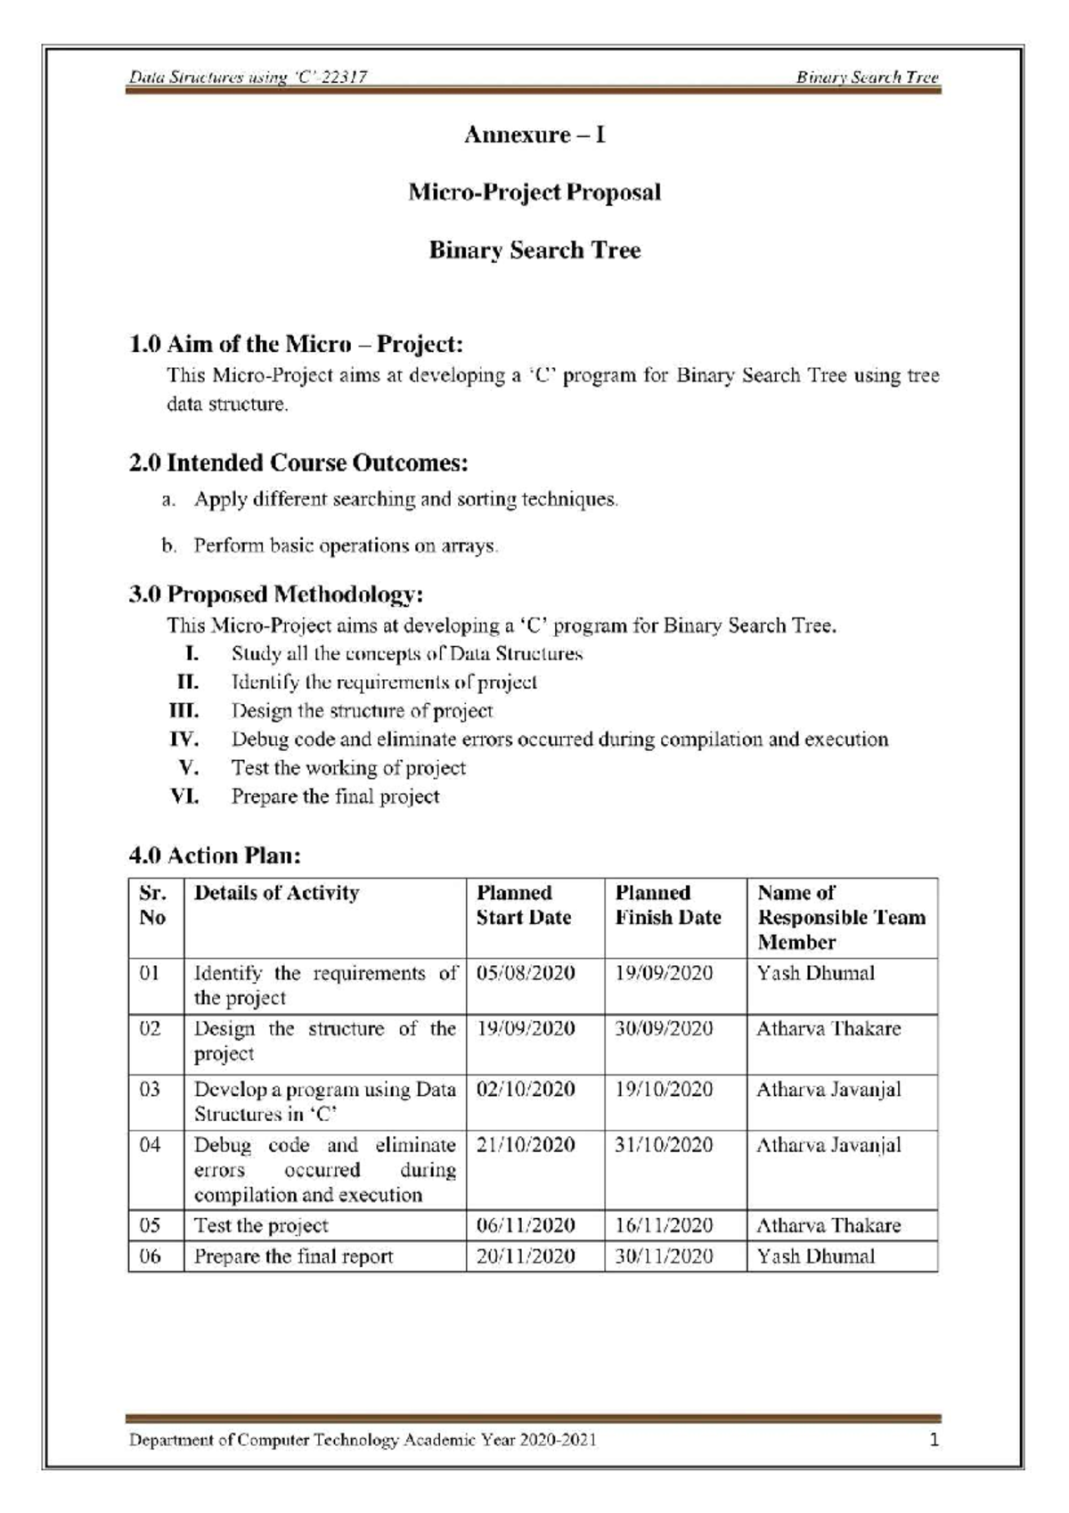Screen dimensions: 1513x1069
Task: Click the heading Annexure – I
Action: (x=534, y=135)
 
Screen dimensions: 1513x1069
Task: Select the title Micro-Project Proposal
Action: (x=534, y=192)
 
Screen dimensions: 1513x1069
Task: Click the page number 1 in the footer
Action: (x=934, y=1439)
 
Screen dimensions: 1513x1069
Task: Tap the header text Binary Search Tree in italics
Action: (x=868, y=78)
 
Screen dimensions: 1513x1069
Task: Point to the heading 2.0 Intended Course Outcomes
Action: (x=299, y=463)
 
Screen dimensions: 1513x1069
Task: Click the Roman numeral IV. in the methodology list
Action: (x=184, y=740)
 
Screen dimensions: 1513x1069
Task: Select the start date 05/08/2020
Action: (x=526, y=973)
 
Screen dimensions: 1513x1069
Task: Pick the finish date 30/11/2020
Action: (x=665, y=1256)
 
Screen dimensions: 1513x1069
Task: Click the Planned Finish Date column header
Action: (x=668, y=905)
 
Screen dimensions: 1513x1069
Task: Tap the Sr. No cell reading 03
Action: (x=151, y=1090)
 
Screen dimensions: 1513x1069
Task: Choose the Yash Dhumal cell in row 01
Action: (x=816, y=973)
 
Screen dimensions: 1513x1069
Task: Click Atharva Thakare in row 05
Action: (x=828, y=1226)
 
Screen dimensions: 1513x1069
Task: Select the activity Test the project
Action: (x=261, y=1226)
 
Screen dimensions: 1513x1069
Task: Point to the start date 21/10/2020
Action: (x=526, y=1145)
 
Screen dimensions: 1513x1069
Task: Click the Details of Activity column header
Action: (x=276, y=893)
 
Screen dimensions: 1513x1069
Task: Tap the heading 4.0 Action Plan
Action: (x=216, y=856)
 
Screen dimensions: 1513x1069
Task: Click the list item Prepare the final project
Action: (x=336, y=797)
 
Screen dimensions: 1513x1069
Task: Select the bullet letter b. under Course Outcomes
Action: (x=169, y=545)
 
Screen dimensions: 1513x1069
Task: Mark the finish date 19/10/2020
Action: (x=665, y=1090)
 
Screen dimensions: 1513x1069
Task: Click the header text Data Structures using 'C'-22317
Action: (x=249, y=78)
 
